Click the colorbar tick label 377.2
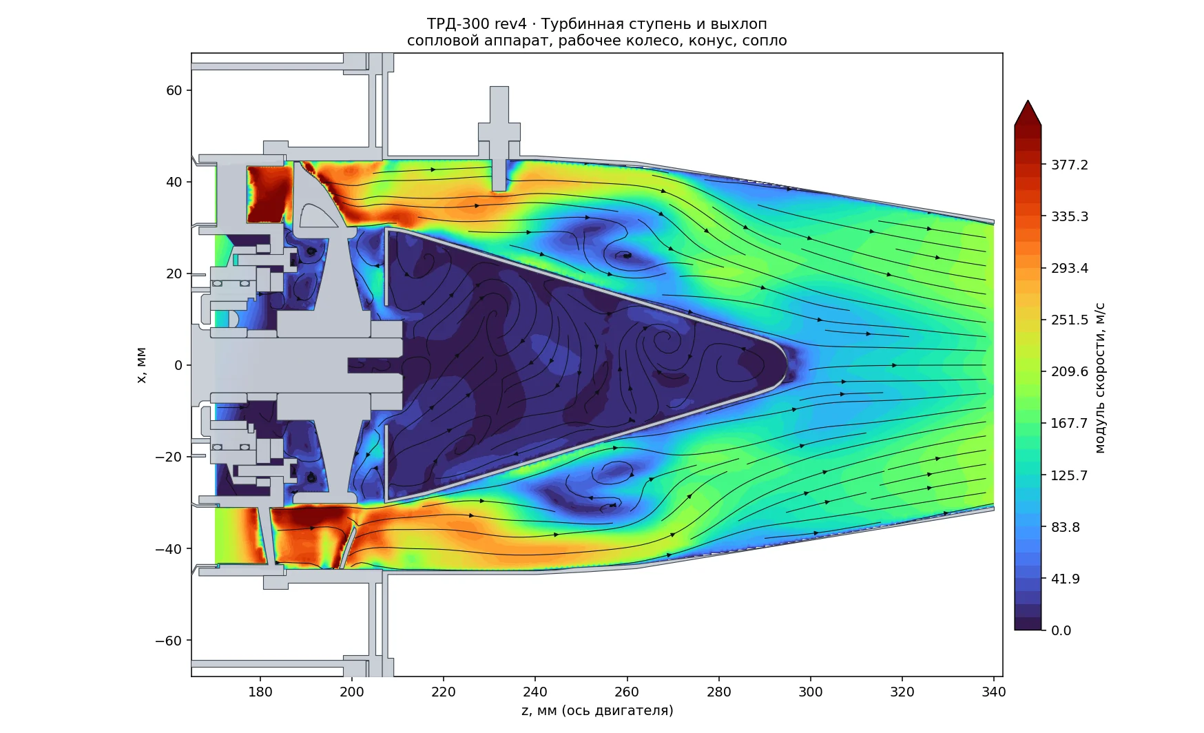[1069, 165]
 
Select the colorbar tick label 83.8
[1065, 527]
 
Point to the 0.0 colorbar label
[1061, 630]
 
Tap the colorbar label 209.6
[1069, 372]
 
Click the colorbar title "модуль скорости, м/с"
[1100, 378]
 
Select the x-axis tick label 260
[627, 692]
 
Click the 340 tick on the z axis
[993, 692]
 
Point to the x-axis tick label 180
[260, 692]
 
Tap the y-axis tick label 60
[174, 90]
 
